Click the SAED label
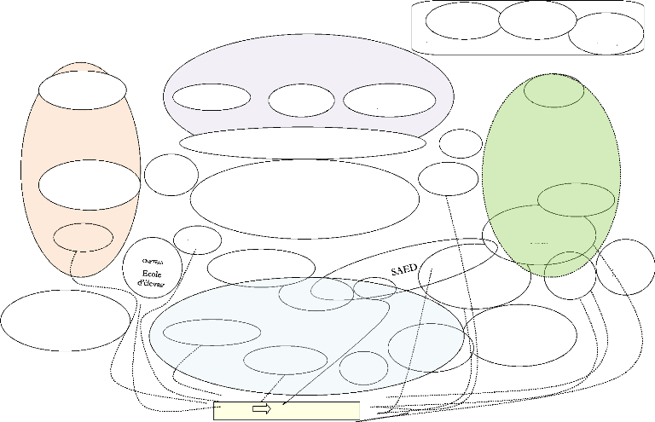coord(403,269)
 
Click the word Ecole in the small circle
coord(153,275)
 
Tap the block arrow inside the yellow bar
coord(263,409)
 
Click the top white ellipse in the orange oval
coord(82,88)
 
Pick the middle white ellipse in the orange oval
coord(89,184)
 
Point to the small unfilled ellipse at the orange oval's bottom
coord(84,235)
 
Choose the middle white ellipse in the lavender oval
coord(301,99)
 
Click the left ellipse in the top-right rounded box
coord(463,22)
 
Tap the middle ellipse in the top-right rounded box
coord(537,20)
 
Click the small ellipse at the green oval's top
coord(554,91)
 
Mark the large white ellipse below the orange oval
coord(66,321)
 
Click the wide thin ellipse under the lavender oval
coord(302,142)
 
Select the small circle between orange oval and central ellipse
coord(171,174)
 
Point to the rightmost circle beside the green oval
coord(625,267)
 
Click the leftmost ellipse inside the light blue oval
coord(207,332)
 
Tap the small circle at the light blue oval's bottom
coord(362,367)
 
